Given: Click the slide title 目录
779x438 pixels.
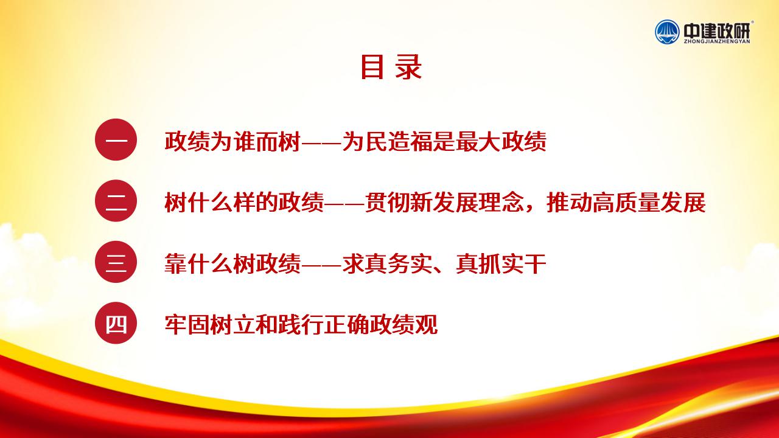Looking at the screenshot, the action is coord(391,67).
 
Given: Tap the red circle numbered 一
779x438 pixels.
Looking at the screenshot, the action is coord(116,140).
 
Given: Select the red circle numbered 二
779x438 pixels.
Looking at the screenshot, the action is coord(116,201).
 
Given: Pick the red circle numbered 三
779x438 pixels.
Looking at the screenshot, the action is coord(116,262).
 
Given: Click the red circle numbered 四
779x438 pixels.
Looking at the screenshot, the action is coord(116,323).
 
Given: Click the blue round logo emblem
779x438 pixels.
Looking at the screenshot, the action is coord(667,32).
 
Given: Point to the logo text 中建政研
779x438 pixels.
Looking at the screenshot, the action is coord(717,31).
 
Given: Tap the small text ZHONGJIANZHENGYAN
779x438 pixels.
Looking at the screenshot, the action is coord(717,41).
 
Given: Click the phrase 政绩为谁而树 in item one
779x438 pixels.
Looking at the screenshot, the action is coord(232,141).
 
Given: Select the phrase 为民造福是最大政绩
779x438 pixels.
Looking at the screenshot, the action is coord(444,141).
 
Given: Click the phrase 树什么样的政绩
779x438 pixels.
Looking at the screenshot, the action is coord(244,203).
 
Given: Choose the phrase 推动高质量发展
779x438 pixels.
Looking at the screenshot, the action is coord(626,203).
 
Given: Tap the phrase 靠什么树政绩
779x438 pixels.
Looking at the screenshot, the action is coord(232,263).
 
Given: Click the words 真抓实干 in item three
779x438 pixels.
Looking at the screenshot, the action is coord(501,263).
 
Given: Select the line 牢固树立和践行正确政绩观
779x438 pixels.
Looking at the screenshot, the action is coord(301,325).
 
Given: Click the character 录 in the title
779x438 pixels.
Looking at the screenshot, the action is coord(408,67).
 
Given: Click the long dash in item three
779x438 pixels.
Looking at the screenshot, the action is coord(321,265).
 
